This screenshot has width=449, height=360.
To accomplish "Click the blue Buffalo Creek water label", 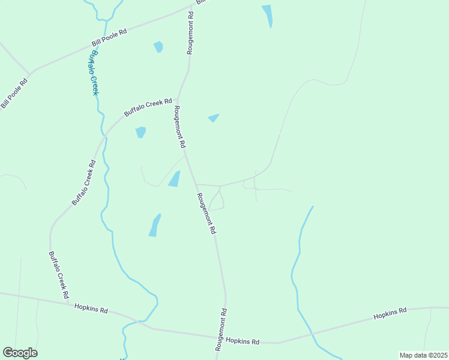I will coord(93,72).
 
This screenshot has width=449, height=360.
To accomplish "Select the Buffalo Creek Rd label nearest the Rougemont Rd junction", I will coord(148,107).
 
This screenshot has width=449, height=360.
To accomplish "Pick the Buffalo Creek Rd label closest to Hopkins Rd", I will coord(58,275).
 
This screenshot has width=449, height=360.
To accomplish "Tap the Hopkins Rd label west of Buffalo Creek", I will coord(91,308).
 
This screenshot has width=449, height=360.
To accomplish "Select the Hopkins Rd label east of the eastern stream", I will coord(390,313).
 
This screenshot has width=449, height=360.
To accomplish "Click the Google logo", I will coord(20,353).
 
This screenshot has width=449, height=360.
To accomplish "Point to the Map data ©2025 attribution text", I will coord(423,355).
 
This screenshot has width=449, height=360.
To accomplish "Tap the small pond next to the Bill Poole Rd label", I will coord(158,47).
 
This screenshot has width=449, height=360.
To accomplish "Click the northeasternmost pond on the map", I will coord(267,15).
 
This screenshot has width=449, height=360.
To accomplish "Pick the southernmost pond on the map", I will coord(155,226).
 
